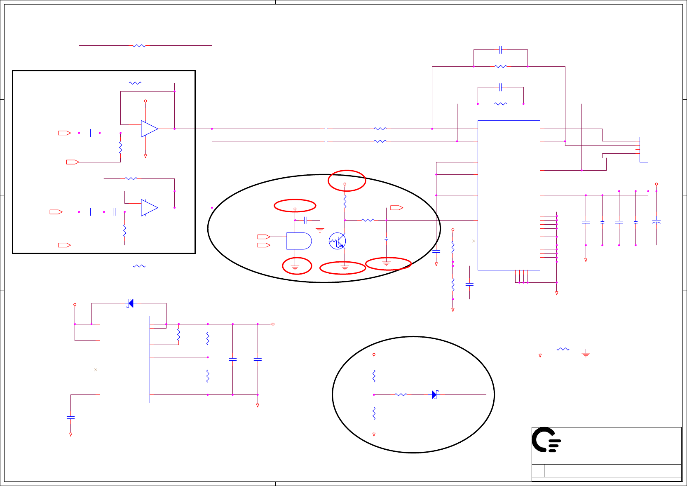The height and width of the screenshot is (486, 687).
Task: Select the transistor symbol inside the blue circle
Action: point(338,241)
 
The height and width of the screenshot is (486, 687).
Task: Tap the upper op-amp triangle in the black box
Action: point(149,129)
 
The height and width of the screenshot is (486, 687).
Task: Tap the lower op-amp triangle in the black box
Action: point(149,208)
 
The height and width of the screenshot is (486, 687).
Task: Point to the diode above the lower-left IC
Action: point(131,303)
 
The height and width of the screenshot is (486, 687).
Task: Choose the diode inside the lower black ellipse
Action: point(434,395)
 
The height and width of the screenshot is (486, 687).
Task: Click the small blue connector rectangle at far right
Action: point(644,150)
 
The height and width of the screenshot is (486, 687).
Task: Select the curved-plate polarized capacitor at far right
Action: point(657,222)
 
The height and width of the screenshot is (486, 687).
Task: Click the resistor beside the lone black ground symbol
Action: point(563,349)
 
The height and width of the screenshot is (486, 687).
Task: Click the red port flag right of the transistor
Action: point(396,208)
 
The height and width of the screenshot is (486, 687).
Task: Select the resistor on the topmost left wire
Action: point(139,46)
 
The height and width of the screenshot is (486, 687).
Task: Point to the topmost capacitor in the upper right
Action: point(500,50)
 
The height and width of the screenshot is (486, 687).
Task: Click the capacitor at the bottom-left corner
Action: point(70,418)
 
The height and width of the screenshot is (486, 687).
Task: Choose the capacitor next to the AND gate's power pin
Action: point(305,220)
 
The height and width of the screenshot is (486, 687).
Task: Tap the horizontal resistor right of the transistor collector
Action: point(368,220)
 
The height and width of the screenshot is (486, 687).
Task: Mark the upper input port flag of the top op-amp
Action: point(64,133)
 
